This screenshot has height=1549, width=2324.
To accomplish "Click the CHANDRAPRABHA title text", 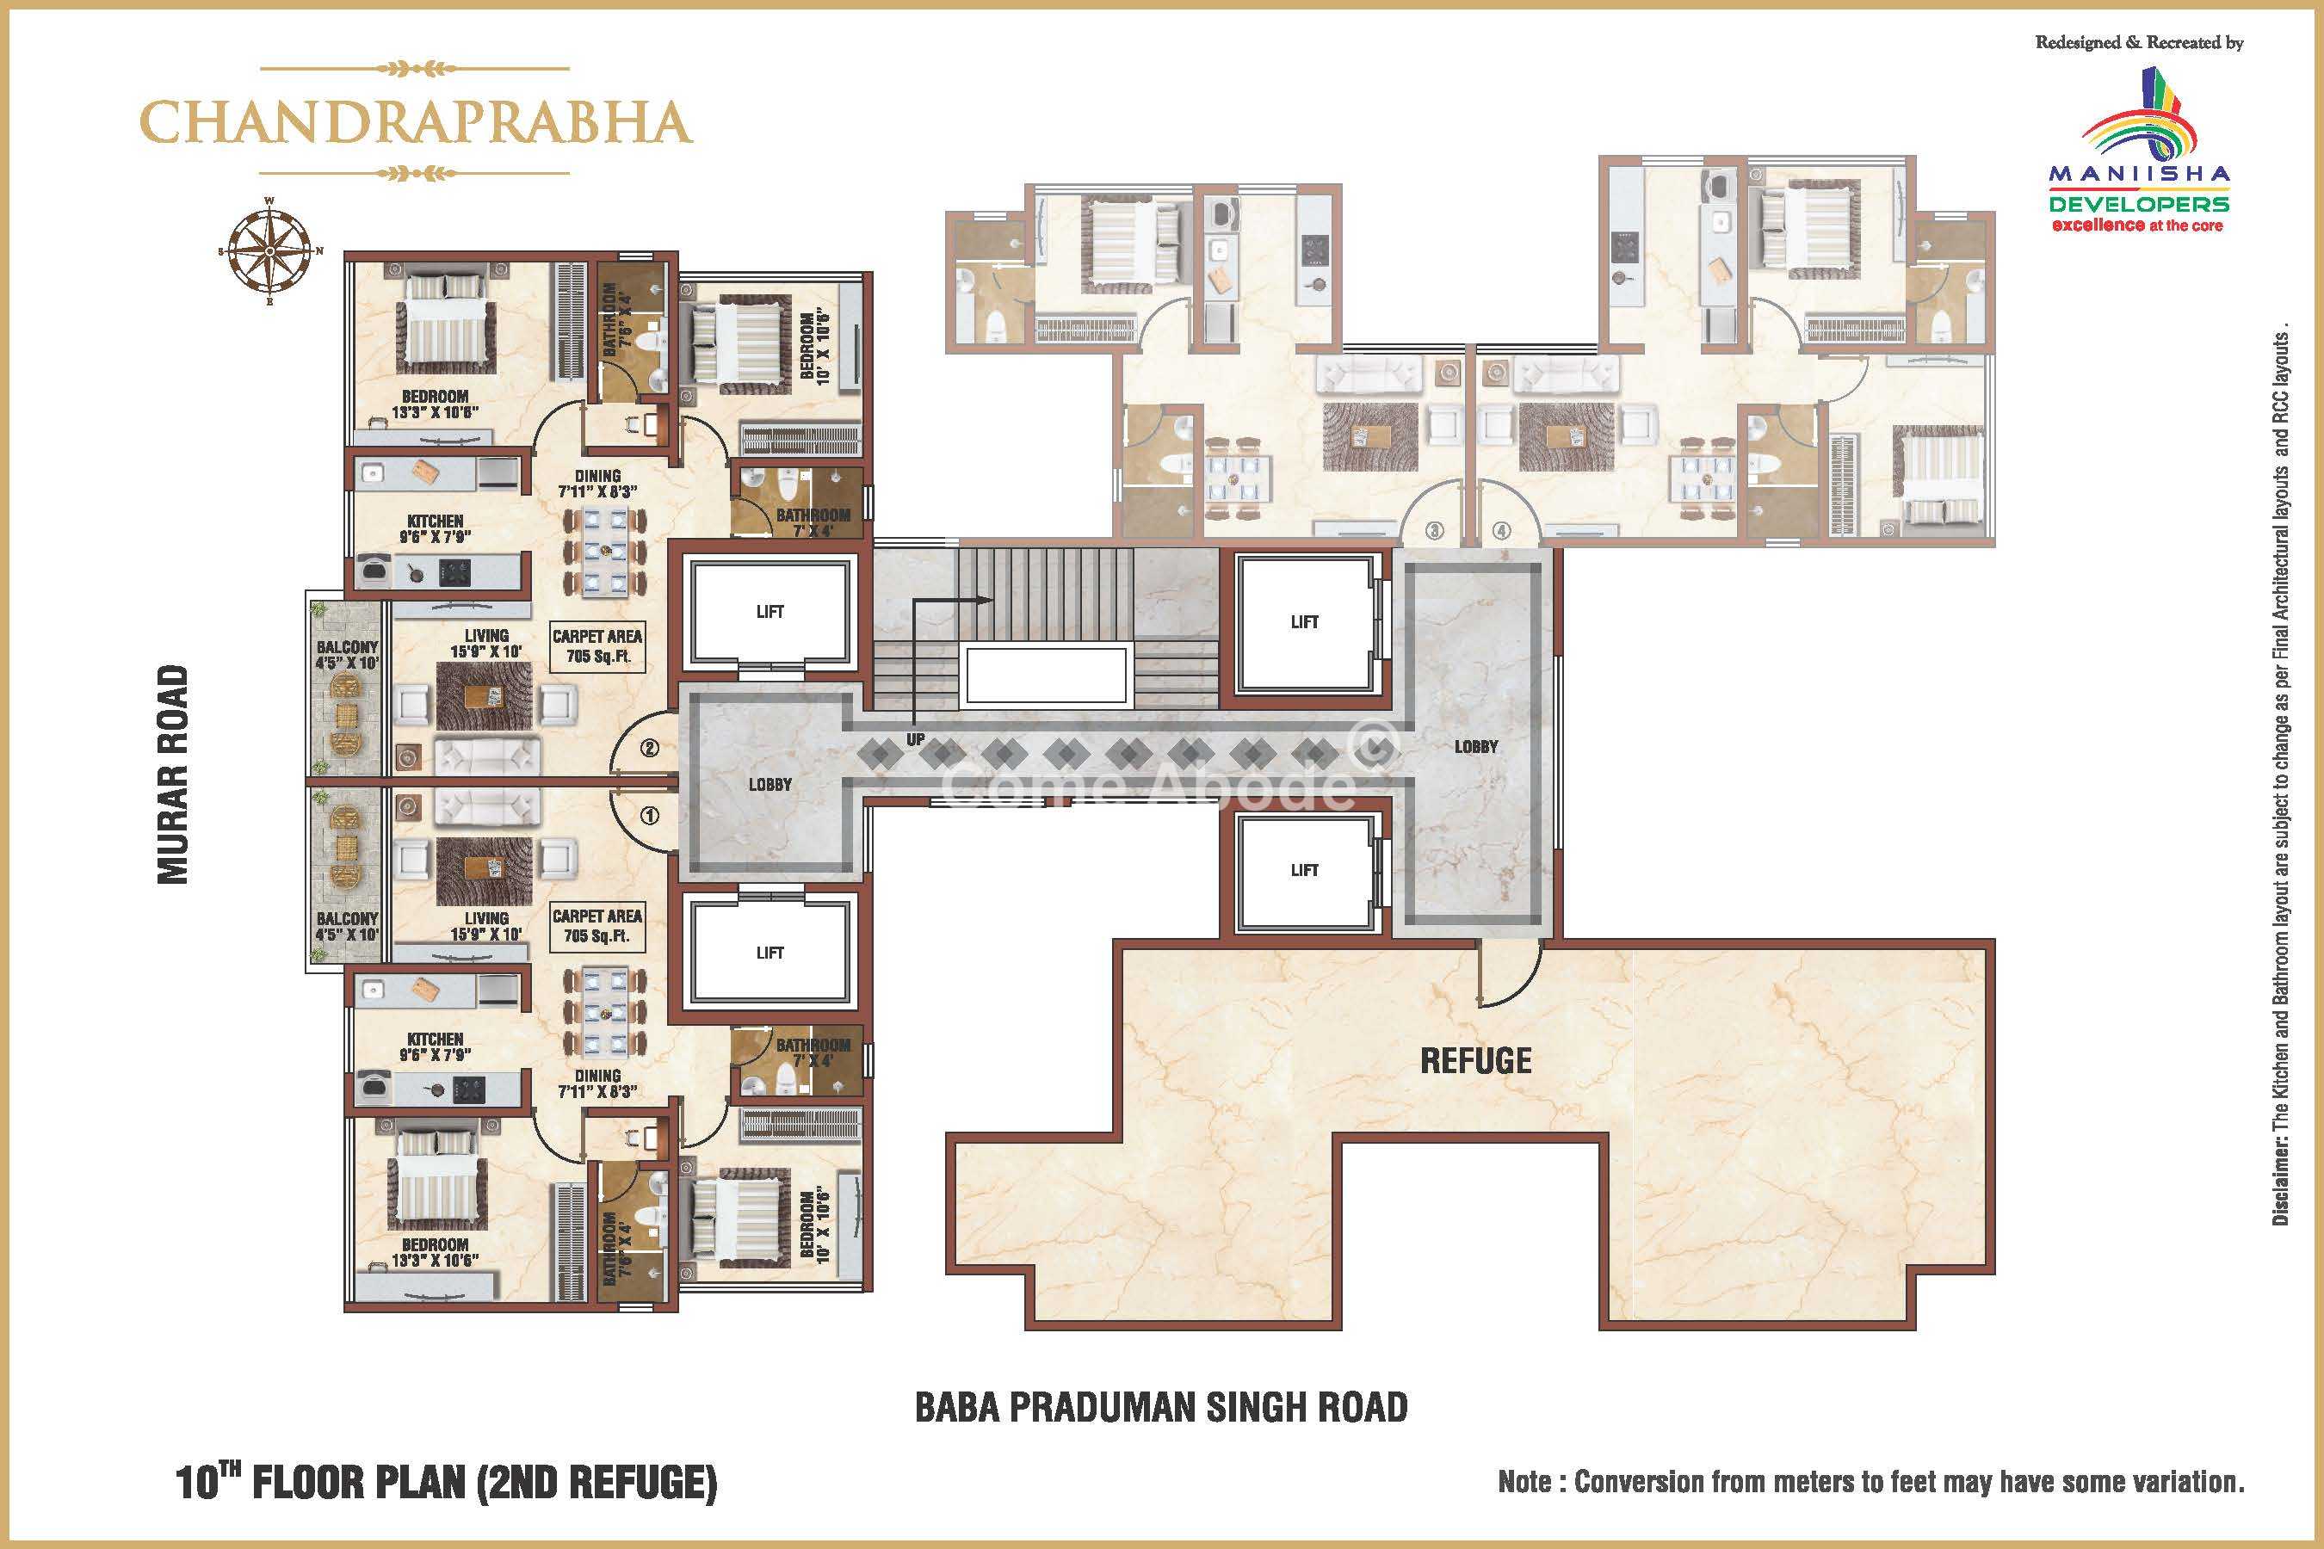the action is pyautogui.click(x=415, y=121).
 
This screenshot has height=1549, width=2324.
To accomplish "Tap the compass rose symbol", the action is pyautogui.click(x=269, y=251).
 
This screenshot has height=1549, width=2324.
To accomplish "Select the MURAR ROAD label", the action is pyautogui.click(x=173, y=774).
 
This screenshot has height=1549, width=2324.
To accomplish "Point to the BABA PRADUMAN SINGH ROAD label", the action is pyautogui.click(x=1161, y=1407).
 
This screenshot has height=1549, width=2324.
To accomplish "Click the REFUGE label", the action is pyautogui.click(x=1476, y=1061).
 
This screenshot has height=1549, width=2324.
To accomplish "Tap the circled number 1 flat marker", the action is pyautogui.click(x=650, y=817).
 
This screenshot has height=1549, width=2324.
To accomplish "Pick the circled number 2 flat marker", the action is pyautogui.click(x=650, y=748).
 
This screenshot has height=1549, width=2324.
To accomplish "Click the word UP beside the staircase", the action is pyautogui.click(x=916, y=739).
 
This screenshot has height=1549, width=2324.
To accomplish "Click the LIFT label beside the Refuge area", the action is pyautogui.click(x=1304, y=870).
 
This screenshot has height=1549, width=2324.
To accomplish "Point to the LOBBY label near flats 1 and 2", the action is pyautogui.click(x=770, y=784).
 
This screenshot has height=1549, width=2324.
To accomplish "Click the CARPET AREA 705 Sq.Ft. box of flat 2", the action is pyautogui.click(x=596, y=646).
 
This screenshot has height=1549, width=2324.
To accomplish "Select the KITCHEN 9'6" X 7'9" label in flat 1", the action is pyautogui.click(x=435, y=1047).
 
